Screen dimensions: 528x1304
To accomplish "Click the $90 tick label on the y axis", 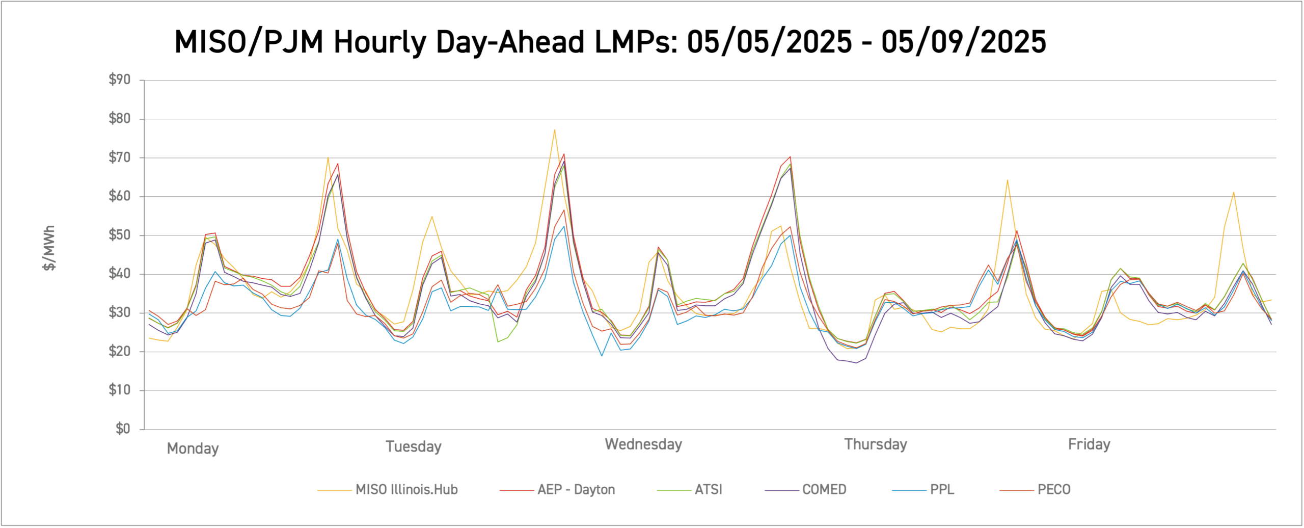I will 119,80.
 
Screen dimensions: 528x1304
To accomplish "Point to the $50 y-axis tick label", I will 119,235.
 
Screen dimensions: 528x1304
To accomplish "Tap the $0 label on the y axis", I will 123,429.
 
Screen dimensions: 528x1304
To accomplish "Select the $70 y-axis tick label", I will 119,157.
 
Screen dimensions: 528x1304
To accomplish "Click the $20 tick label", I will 119,351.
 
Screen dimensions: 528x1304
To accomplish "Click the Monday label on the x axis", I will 193,448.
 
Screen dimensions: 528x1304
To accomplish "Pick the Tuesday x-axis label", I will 413,446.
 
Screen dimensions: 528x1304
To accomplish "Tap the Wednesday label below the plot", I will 643,444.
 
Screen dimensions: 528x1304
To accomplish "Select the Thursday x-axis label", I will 875,444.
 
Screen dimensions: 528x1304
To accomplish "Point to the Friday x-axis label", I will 1089,444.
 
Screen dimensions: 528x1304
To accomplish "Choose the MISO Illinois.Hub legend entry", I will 406,490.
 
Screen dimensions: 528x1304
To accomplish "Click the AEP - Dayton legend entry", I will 576,490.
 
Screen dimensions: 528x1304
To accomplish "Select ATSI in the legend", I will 708,490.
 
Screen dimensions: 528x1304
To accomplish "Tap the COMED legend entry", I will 824,490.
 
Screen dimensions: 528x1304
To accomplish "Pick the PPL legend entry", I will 941,490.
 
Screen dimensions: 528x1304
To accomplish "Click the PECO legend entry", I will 1053,490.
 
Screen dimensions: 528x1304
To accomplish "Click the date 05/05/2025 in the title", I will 769,42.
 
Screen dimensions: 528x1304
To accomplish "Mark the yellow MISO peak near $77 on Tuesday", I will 554,130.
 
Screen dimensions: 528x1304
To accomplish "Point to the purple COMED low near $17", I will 856,363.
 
